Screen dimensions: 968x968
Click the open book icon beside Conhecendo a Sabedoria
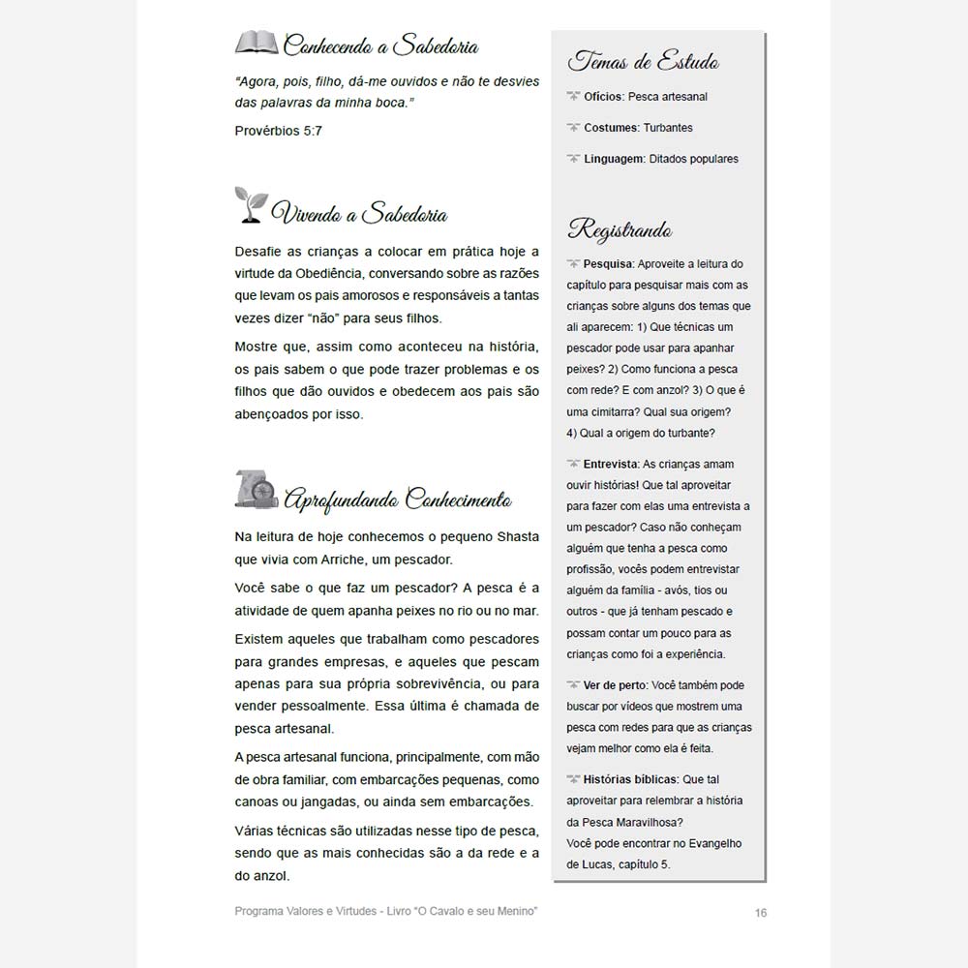coord(256,43)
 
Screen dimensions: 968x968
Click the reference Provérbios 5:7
coord(279,130)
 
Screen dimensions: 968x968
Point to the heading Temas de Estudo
coord(643,63)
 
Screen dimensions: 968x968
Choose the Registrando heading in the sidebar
coord(620,229)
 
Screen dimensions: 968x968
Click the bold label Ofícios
coord(603,97)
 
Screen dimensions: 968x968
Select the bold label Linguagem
coord(614,159)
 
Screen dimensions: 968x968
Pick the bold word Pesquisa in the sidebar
coord(608,263)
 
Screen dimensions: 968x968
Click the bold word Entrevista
coord(612,465)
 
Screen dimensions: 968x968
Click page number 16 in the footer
coord(760,912)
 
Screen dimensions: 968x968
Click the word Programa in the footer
coord(260,912)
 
